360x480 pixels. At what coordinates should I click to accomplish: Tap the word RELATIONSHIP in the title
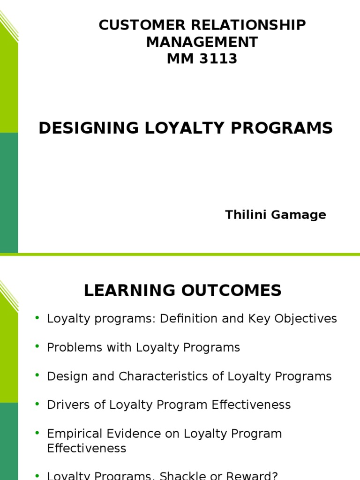[x=244, y=25]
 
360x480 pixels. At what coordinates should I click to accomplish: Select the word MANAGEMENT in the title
[x=202, y=42]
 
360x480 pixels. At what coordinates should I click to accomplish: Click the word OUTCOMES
[x=230, y=291]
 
